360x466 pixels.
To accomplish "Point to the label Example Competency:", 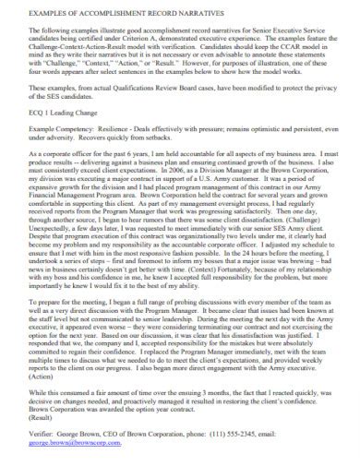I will coord(56,158).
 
